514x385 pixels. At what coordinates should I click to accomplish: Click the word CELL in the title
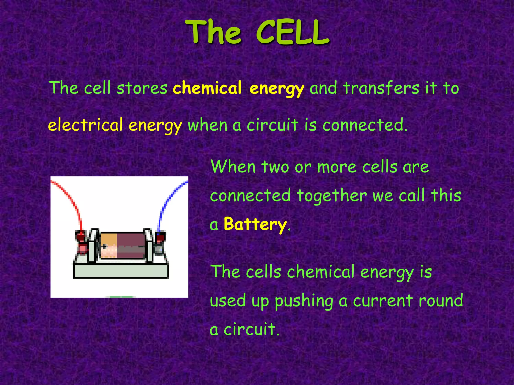pyautogui.click(x=292, y=33)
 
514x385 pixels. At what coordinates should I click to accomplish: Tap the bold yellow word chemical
pyautogui.click(x=207, y=88)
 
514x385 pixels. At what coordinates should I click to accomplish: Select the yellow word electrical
pyautogui.click(x=85, y=125)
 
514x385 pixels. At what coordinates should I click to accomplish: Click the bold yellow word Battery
pyautogui.click(x=255, y=224)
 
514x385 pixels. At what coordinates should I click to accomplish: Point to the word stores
pyautogui.click(x=142, y=88)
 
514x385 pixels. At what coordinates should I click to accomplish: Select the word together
pyautogui.click(x=331, y=196)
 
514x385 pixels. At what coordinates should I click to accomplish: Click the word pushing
pyautogui.click(x=304, y=301)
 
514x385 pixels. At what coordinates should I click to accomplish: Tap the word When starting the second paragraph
pyautogui.click(x=233, y=167)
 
